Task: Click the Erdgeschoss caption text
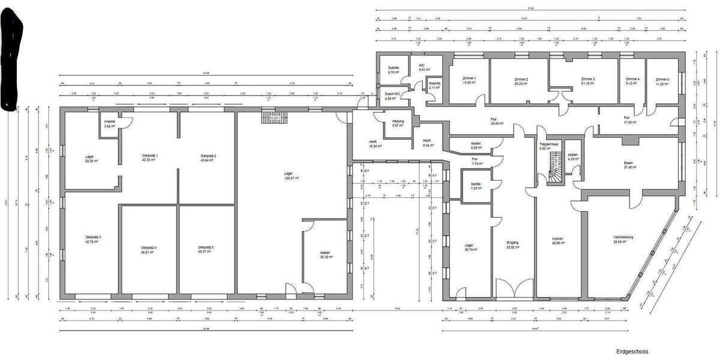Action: pos(631,352)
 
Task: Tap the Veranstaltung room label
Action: pos(624,239)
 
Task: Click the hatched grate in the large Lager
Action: pos(275,117)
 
